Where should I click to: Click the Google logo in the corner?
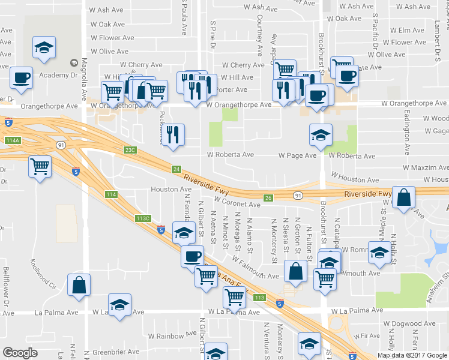click(x=20, y=353)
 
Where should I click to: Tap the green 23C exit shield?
click(x=131, y=150)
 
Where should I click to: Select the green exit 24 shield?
click(x=176, y=170)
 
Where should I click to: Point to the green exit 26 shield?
click(x=268, y=197)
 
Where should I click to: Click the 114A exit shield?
click(x=12, y=140)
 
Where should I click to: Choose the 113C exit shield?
click(x=142, y=218)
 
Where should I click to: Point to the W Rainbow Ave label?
click(x=175, y=334)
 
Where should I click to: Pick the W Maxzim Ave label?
click(x=425, y=168)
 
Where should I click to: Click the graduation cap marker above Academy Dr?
click(x=43, y=47)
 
